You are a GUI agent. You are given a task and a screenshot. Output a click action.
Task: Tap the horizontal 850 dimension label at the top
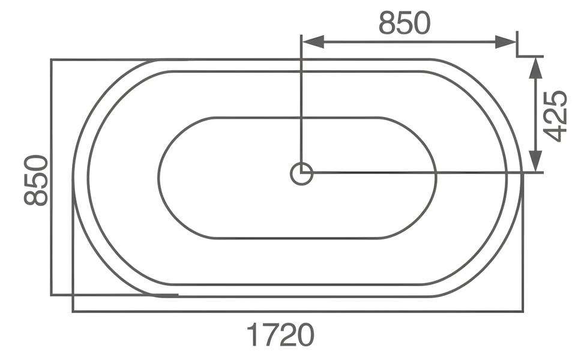405,23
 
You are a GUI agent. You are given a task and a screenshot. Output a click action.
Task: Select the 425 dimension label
555,116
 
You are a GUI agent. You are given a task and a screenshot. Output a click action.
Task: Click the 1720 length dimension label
280,335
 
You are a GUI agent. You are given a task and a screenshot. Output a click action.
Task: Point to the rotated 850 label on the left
36,180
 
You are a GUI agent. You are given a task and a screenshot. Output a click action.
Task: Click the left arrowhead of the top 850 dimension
312,42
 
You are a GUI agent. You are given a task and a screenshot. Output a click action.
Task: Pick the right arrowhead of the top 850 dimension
505,42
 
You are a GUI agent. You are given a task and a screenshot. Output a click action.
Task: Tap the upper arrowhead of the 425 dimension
536,68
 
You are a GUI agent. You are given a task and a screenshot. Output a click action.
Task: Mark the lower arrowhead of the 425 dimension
536,161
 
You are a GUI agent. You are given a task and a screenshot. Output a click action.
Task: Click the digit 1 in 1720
253,335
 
